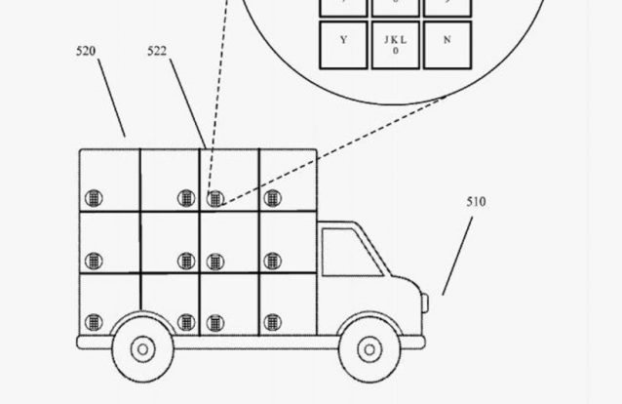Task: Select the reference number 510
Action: [x=476, y=202]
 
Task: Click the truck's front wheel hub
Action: [x=369, y=348]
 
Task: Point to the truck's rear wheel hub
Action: [x=142, y=348]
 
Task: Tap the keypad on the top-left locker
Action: [x=94, y=198]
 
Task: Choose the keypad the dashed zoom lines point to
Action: [x=214, y=198]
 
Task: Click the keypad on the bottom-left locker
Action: [x=94, y=321]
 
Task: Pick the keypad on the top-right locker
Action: [x=272, y=198]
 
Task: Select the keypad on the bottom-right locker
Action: [x=272, y=321]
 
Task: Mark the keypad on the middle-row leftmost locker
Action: [x=94, y=261]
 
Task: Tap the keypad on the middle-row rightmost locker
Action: [x=272, y=261]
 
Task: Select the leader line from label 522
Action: [x=188, y=102]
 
